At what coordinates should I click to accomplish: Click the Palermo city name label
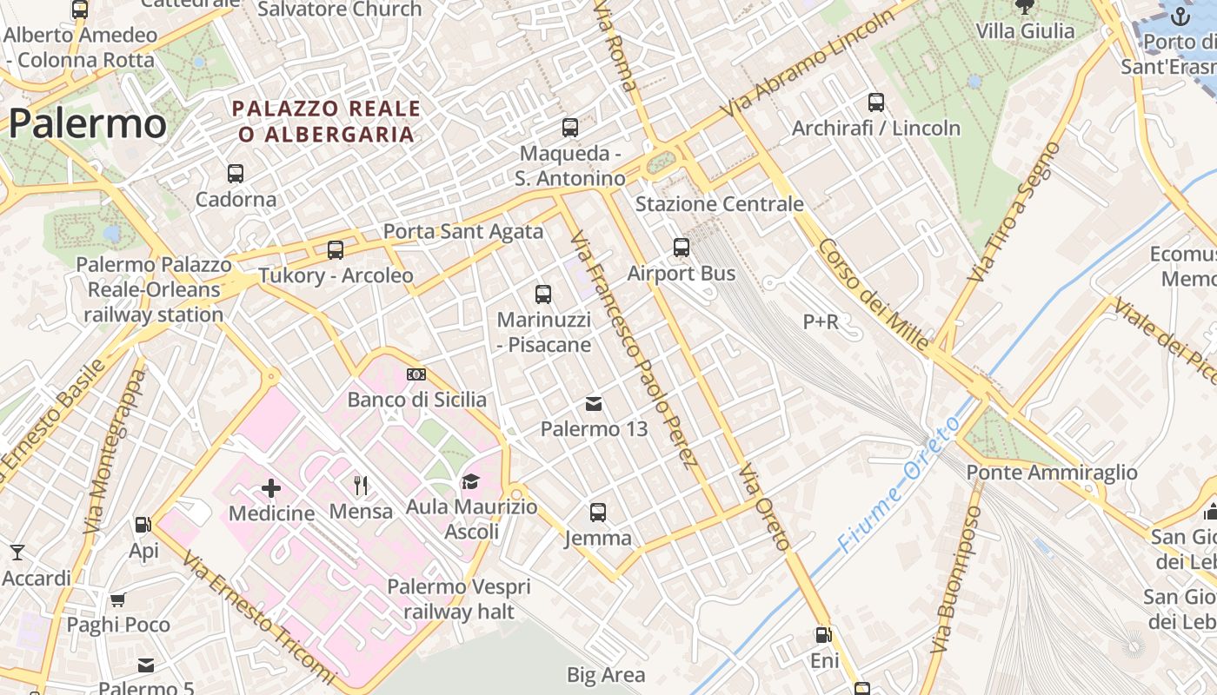tap(87, 124)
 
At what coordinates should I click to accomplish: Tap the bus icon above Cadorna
tap(236, 173)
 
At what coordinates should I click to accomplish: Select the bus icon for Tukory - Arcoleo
tap(336, 250)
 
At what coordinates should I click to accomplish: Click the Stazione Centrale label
tap(719, 204)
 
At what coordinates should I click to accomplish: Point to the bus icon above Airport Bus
tap(682, 248)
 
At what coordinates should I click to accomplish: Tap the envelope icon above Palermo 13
tap(594, 403)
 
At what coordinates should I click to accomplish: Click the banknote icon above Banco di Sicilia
tap(416, 374)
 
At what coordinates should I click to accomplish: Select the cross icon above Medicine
tap(271, 487)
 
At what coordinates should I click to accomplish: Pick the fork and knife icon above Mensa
tap(361, 486)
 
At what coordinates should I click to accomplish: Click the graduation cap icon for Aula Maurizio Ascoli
tap(470, 481)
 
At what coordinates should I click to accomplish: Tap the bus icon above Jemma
tap(598, 513)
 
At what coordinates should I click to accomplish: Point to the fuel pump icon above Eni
tap(823, 635)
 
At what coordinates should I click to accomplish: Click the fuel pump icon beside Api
tap(143, 525)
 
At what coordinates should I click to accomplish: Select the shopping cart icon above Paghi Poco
tap(118, 599)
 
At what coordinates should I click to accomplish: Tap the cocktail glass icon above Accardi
tap(17, 553)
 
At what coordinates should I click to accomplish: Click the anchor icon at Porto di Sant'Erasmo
tap(1180, 16)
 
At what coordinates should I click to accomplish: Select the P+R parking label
tap(821, 322)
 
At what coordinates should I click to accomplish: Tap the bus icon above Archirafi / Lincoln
tap(876, 103)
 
